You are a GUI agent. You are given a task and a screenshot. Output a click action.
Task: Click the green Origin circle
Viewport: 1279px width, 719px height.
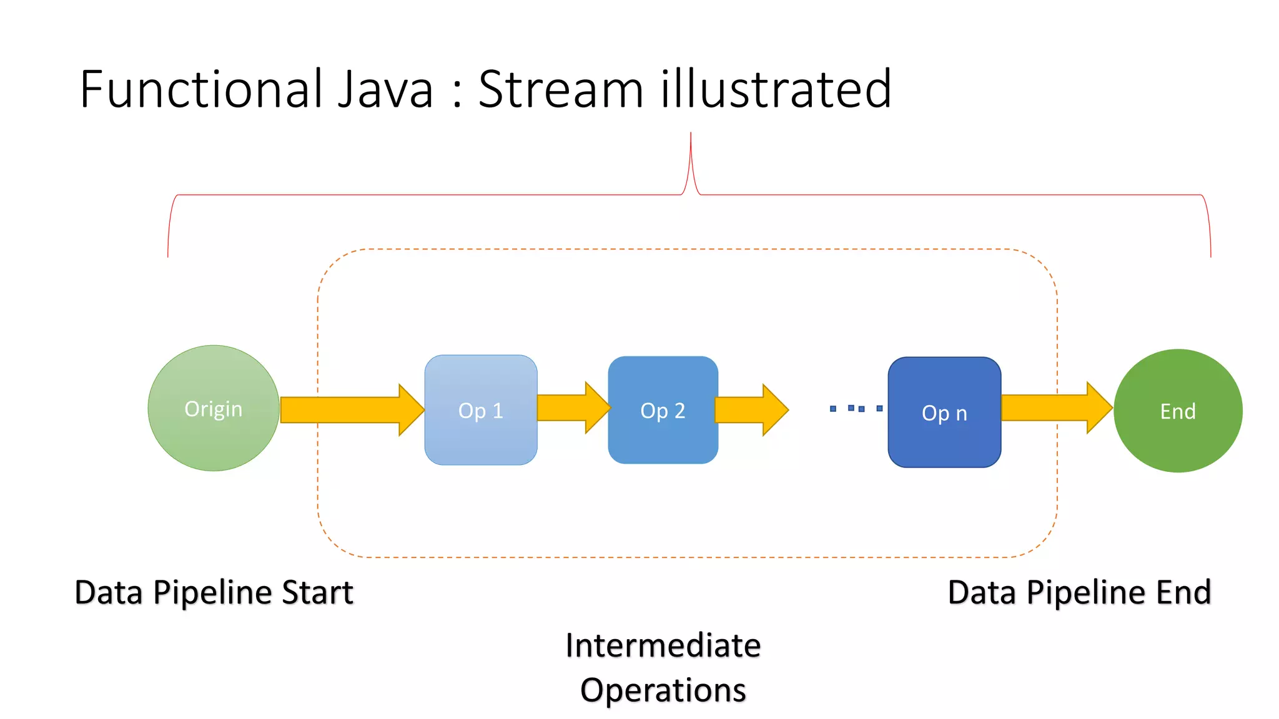pyautogui.click(x=214, y=408)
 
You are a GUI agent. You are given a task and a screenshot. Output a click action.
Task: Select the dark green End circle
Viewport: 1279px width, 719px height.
pyautogui.click(x=1178, y=411)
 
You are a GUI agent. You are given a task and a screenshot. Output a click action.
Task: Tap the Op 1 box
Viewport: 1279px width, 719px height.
pyautogui.click(x=481, y=410)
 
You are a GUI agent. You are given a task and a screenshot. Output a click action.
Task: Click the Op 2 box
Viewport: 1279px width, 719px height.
pyautogui.click(x=663, y=410)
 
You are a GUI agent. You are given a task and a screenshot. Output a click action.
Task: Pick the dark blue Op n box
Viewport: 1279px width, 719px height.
pyautogui.click(x=944, y=412)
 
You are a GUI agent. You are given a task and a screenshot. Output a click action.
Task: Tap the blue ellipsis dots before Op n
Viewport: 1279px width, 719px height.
pyautogui.click(x=856, y=408)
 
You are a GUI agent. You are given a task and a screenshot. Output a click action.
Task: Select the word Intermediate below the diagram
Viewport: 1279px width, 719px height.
pyautogui.click(x=663, y=645)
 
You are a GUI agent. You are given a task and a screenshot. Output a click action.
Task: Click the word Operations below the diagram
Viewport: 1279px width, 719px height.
pyautogui.click(x=663, y=690)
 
